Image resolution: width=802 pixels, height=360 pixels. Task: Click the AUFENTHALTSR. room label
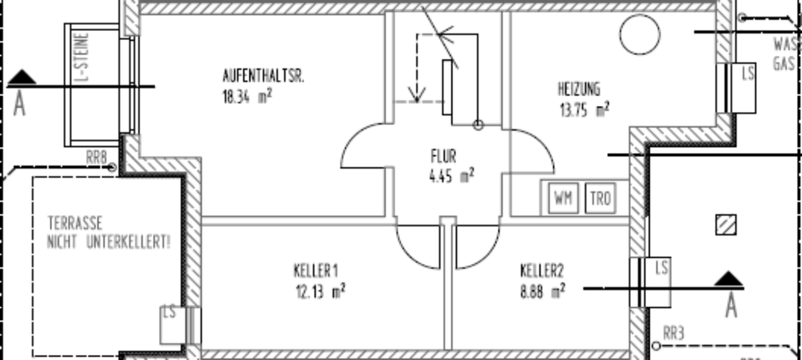point(263,76)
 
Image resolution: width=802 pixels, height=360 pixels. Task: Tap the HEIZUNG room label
point(579,88)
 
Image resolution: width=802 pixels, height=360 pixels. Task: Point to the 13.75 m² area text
point(583,108)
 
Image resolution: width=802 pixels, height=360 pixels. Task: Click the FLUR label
point(444,155)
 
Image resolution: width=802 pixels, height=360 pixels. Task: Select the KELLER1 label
point(316,271)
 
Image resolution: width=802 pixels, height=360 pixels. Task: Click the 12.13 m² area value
point(320,292)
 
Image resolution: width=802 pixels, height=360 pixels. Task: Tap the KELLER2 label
point(542,271)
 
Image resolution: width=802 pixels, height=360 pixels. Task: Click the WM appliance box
point(562,199)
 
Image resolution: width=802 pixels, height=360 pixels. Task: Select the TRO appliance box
point(599,199)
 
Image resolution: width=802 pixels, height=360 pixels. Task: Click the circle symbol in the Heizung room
point(639,33)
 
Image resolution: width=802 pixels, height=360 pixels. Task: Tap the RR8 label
point(97,155)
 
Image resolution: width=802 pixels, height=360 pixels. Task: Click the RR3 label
point(673,333)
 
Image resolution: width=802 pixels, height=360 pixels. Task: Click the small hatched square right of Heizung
point(727,224)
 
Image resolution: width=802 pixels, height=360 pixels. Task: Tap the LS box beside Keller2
point(661,268)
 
